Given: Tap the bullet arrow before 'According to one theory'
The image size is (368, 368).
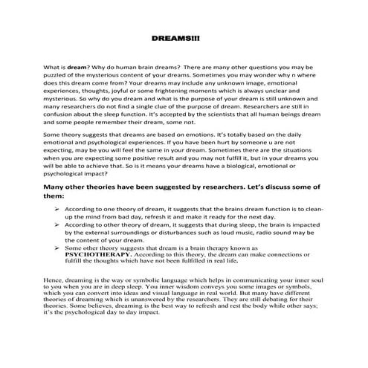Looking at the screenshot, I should coord(57,210).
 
